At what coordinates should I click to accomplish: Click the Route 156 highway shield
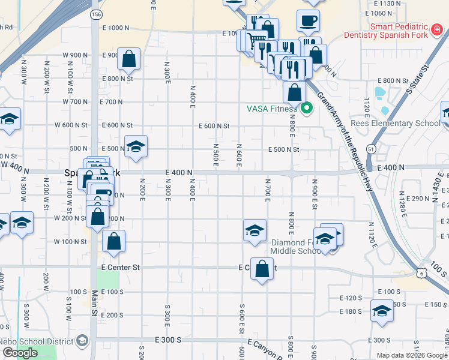coord(96,13)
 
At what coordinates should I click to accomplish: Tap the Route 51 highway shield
coord(372,148)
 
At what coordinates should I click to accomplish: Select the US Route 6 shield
coord(423,273)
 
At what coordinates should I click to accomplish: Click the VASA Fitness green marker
coord(307,109)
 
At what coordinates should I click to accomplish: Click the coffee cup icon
coord(308,21)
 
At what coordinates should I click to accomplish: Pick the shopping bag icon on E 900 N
coord(129,59)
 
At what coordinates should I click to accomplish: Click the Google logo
coord(20,353)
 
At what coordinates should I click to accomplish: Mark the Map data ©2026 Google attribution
coord(412,355)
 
